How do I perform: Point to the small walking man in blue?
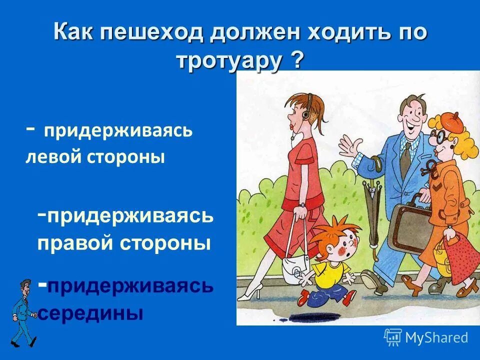(x=23, y=313)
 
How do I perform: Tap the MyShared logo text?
(x=436, y=337)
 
